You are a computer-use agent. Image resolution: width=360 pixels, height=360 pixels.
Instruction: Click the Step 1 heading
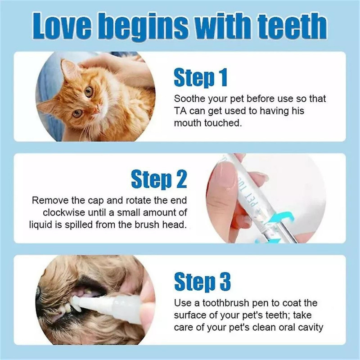pos(200,78)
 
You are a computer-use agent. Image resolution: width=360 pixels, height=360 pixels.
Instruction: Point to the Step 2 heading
pos(158,180)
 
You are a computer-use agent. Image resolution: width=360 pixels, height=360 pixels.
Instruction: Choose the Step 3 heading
pos(202,282)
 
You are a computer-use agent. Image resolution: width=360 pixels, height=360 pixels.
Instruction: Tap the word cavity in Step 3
pos(310,327)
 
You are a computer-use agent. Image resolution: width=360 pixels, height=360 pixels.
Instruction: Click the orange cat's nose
pos(96,108)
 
